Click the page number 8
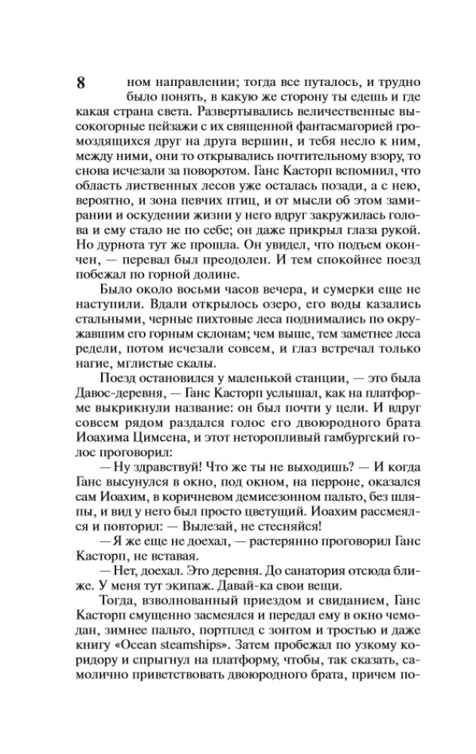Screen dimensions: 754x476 point(81,82)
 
